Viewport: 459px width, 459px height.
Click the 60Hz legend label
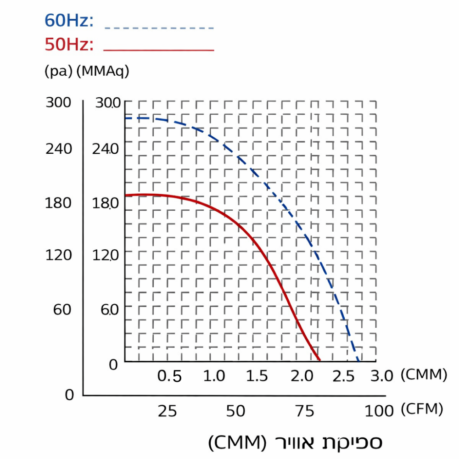[x=69, y=21]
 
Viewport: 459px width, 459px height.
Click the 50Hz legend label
[x=69, y=45]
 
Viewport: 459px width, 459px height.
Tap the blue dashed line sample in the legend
[x=159, y=28]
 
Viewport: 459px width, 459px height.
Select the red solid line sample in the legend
[x=159, y=50]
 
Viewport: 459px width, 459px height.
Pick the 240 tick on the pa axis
[x=59, y=149]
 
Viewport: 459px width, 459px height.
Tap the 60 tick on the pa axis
[x=62, y=309]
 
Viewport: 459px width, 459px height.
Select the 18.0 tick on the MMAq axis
[x=106, y=203]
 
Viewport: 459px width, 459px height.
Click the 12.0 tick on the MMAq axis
[x=106, y=255]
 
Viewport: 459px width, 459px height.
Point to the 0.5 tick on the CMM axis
[x=169, y=376]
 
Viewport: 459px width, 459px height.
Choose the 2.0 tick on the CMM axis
[x=302, y=376]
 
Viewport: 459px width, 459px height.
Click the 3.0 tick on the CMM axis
[x=382, y=376]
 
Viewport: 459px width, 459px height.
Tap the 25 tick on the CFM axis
[x=167, y=411]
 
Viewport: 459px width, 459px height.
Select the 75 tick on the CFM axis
[x=304, y=411]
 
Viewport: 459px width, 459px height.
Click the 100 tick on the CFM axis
[x=379, y=411]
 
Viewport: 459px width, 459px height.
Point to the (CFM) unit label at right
[x=422, y=409]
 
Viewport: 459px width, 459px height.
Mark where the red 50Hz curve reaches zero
[x=319, y=360]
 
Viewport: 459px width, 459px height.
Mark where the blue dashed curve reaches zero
[x=358, y=360]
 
